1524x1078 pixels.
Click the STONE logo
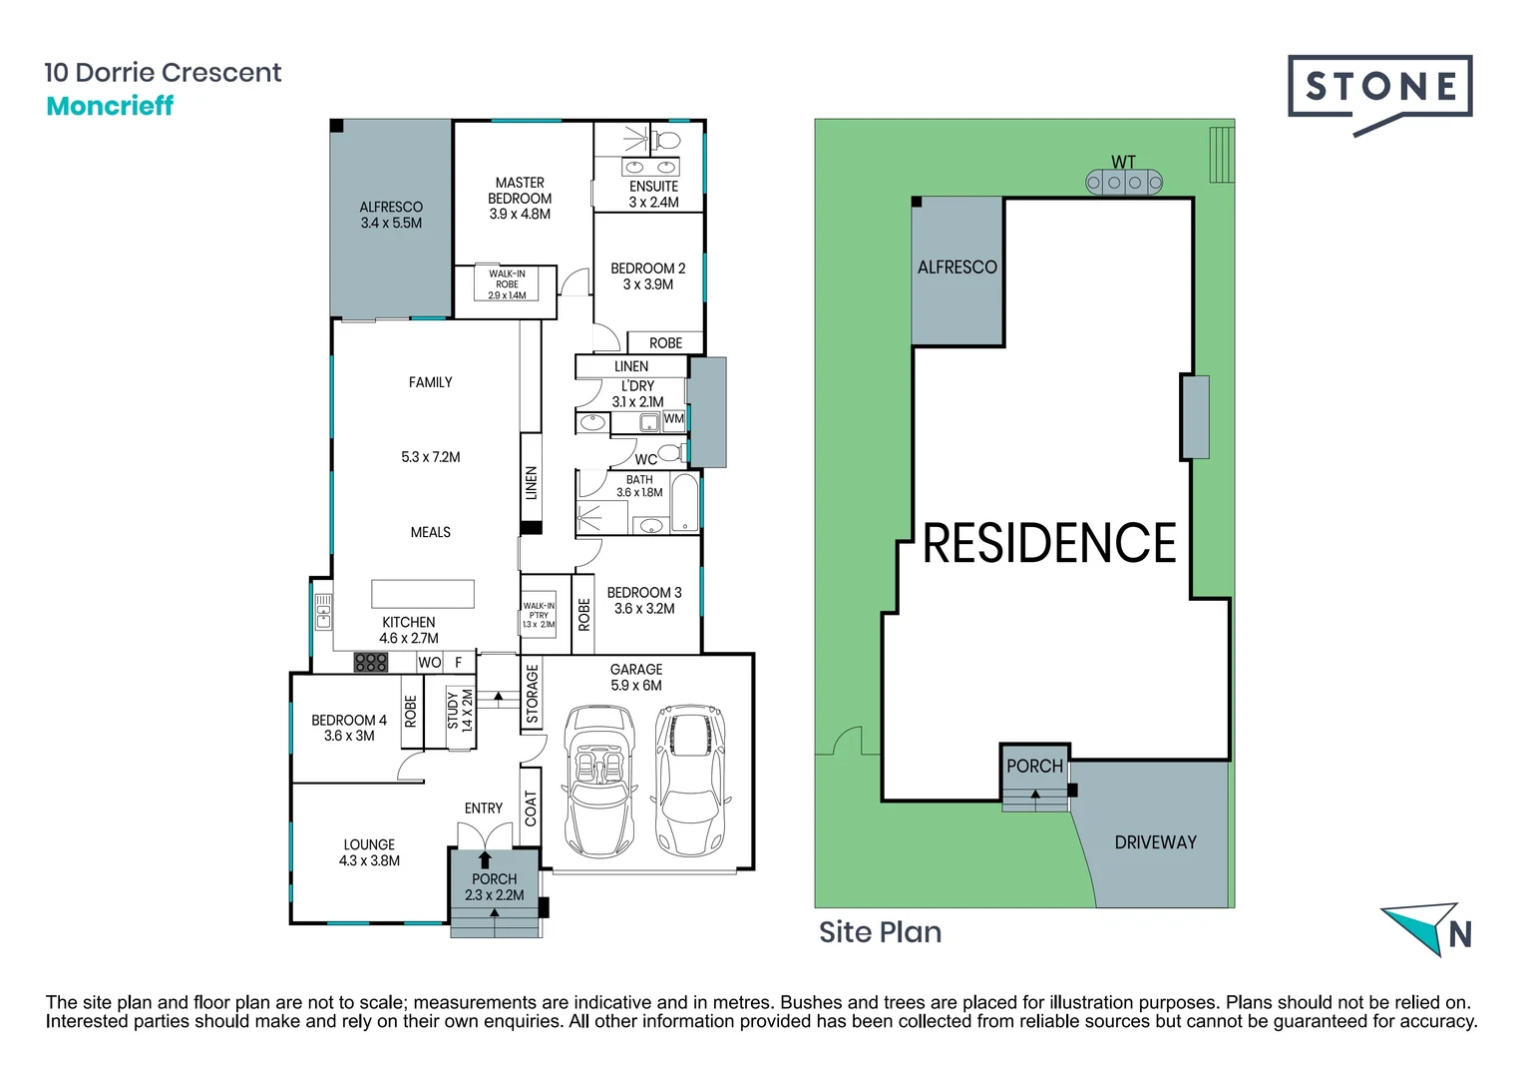[1379, 88]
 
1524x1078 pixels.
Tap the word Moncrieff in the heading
[110, 106]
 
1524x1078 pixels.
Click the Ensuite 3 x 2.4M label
[653, 195]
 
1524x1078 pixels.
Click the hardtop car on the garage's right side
[689, 781]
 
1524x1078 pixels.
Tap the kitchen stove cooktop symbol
[371, 662]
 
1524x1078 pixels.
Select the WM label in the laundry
[674, 419]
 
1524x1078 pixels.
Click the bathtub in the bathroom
[685, 504]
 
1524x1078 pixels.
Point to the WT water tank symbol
[1124, 182]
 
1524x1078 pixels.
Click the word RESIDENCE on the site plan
[1049, 544]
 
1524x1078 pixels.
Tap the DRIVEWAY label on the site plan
[1155, 842]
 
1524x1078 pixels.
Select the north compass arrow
[1421, 926]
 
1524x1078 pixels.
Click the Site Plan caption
[880, 932]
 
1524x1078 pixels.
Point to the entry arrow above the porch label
[485, 859]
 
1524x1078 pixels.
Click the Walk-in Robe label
[507, 284]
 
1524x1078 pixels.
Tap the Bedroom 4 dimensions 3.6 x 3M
[349, 736]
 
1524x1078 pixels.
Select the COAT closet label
[531, 808]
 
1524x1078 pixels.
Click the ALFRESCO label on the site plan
[956, 268]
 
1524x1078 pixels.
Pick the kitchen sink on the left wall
[323, 611]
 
